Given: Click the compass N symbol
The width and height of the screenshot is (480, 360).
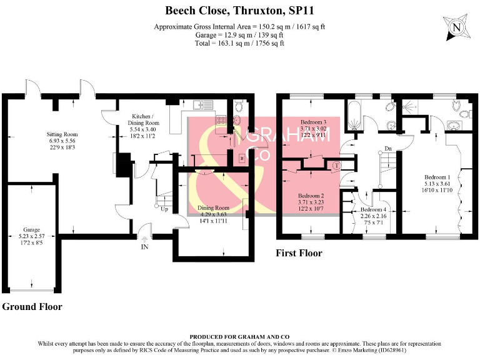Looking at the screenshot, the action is [456, 27].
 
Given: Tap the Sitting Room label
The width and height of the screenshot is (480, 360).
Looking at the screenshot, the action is [62, 134].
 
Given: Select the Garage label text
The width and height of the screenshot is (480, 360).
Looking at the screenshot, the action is [31, 229].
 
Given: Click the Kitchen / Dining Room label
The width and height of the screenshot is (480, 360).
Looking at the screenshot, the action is [143, 120].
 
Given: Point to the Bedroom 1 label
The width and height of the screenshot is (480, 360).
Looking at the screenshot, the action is [437, 177].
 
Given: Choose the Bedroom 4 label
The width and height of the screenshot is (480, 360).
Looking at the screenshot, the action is [373, 210].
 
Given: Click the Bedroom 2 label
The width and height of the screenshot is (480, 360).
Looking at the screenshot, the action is [311, 196].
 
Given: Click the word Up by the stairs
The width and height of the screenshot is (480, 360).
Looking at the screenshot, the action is [164, 209].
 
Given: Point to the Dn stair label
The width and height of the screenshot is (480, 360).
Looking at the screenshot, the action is [388, 149].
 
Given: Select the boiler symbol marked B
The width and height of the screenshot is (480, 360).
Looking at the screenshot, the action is [242, 158].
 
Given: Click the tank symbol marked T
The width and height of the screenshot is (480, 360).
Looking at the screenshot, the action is [336, 166].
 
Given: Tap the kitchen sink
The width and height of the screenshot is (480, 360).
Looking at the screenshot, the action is [203, 105].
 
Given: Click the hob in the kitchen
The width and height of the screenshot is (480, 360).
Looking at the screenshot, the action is [221, 120].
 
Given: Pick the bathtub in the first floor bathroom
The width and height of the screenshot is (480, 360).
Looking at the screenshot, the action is [354, 115].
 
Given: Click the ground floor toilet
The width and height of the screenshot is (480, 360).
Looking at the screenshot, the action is [239, 106].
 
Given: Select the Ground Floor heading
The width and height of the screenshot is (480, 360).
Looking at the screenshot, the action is [32, 307].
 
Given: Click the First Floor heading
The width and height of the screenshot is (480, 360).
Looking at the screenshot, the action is [299, 253].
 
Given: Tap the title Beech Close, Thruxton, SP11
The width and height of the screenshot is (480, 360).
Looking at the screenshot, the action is [240, 11].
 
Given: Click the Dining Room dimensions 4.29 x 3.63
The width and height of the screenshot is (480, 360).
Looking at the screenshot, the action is [213, 214].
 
